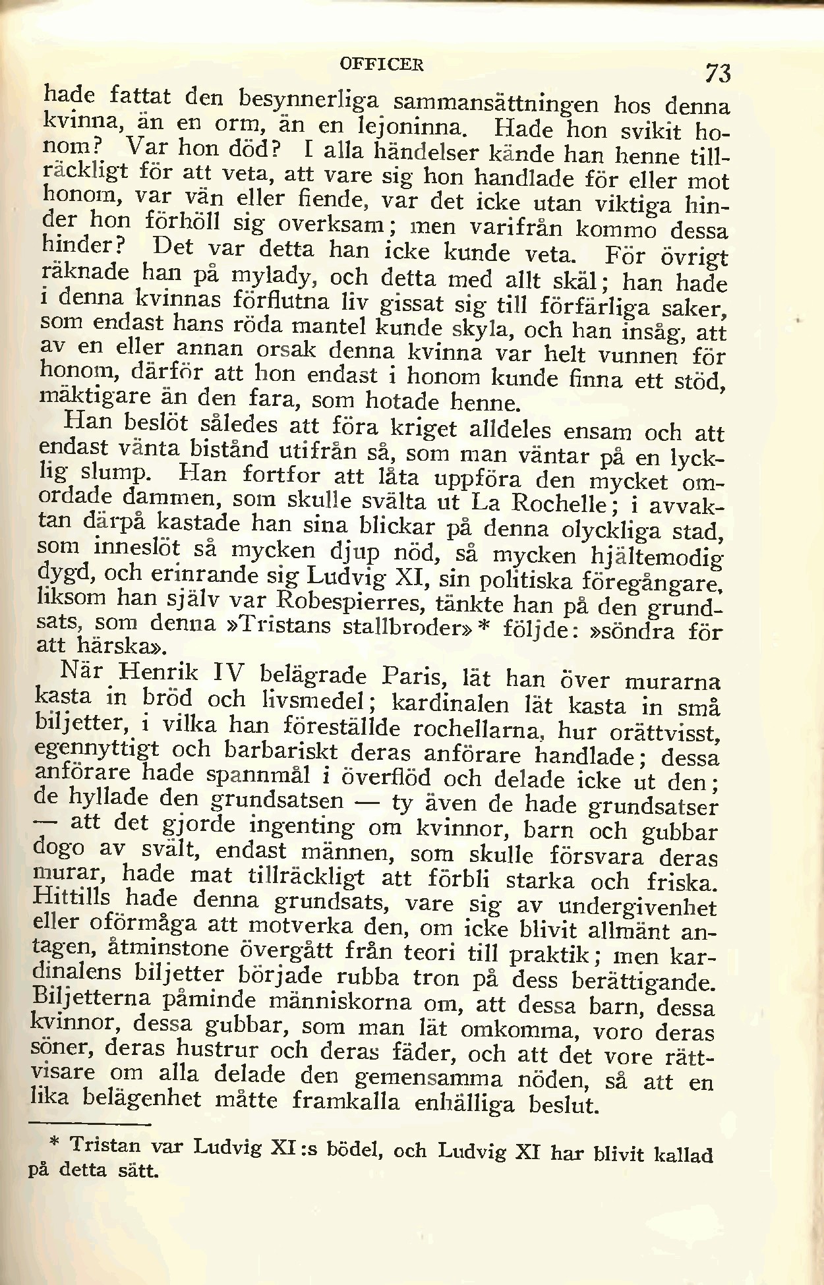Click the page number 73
tap(717, 72)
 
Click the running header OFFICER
tap(382, 65)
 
